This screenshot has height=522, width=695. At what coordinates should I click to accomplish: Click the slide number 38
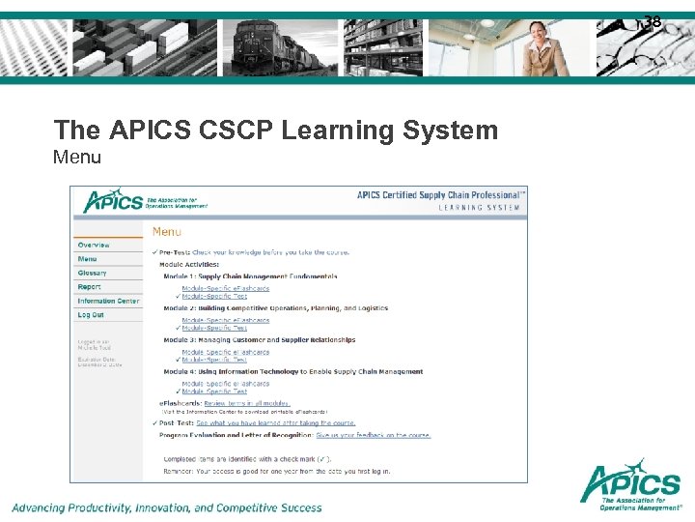coord(653,22)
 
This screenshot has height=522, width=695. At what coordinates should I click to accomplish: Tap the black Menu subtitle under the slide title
coord(77,156)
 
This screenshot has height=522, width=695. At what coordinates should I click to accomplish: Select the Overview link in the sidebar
coord(94,246)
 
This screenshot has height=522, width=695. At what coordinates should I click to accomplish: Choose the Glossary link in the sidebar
coord(93,274)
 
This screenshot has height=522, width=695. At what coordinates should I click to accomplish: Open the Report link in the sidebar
coord(90,287)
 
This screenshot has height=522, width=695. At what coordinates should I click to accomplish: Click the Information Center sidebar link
coord(108,302)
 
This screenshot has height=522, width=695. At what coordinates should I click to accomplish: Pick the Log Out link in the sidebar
coord(91,315)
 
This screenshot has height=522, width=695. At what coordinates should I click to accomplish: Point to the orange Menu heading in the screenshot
coord(166,231)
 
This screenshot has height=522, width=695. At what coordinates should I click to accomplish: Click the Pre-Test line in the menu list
coord(251,253)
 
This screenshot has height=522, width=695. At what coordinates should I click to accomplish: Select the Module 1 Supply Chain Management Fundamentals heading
coord(250,276)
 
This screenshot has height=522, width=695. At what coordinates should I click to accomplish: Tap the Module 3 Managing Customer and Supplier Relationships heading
coord(259,340)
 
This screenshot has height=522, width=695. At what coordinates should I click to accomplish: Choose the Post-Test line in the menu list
coord(257,423)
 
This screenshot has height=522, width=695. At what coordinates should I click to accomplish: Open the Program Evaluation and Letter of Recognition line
coord(294,435)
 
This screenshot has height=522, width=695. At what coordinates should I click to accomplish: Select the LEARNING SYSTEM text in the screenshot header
coord(480,208)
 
